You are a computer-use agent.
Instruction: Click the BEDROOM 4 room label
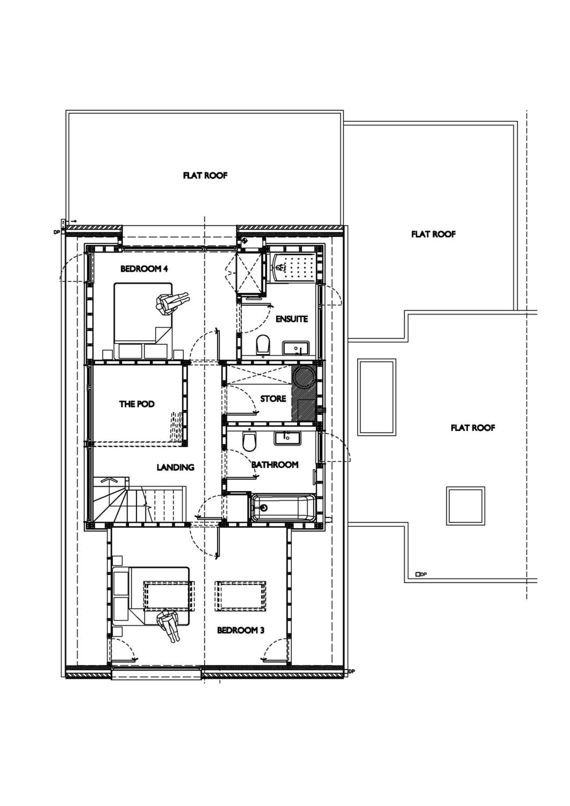[144, 269]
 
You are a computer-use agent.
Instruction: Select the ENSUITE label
[292, 319]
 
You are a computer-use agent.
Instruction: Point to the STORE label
[273, 399]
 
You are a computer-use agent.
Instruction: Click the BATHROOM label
[275, 465]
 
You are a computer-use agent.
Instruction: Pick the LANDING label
[175, 467]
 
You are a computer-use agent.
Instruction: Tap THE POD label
[137, 404]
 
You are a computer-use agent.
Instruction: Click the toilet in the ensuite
[263, 344]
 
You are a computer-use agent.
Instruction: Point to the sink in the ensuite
[296, 348]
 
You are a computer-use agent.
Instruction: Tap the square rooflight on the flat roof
[466, 506]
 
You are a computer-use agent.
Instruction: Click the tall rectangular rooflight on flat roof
[377, 397]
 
